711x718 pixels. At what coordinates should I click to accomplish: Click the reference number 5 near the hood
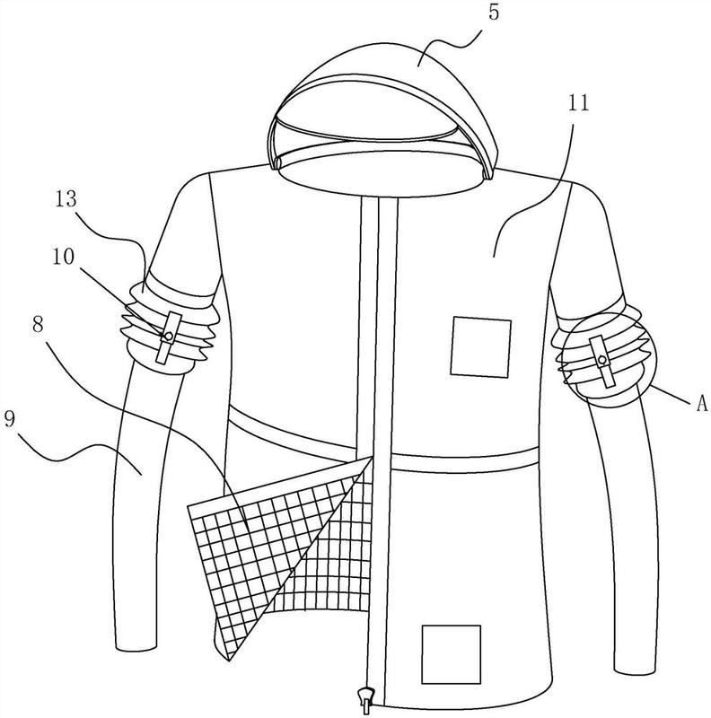(493, 13)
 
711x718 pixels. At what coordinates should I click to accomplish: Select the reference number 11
(579, 103)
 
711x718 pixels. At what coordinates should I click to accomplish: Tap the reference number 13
(66, 199)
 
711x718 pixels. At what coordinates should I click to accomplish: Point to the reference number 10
(63, 257)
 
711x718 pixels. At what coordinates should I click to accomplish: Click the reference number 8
(38, 324)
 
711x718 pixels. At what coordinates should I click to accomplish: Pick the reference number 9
(10, 419)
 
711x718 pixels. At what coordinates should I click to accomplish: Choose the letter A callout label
(701, 404)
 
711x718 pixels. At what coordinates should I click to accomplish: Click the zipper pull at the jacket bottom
(364, 700)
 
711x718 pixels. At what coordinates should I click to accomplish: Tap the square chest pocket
(480, 347)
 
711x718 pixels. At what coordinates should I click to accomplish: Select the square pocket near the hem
(452, 654)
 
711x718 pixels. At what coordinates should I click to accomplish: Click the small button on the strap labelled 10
(169, 336)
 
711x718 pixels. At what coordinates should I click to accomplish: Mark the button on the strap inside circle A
(602, 361)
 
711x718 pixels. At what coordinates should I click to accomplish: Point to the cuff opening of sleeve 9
(136, 648)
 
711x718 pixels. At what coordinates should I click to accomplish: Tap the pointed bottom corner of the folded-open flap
(229, 660)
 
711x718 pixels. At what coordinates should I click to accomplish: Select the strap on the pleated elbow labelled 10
(168, 338)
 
